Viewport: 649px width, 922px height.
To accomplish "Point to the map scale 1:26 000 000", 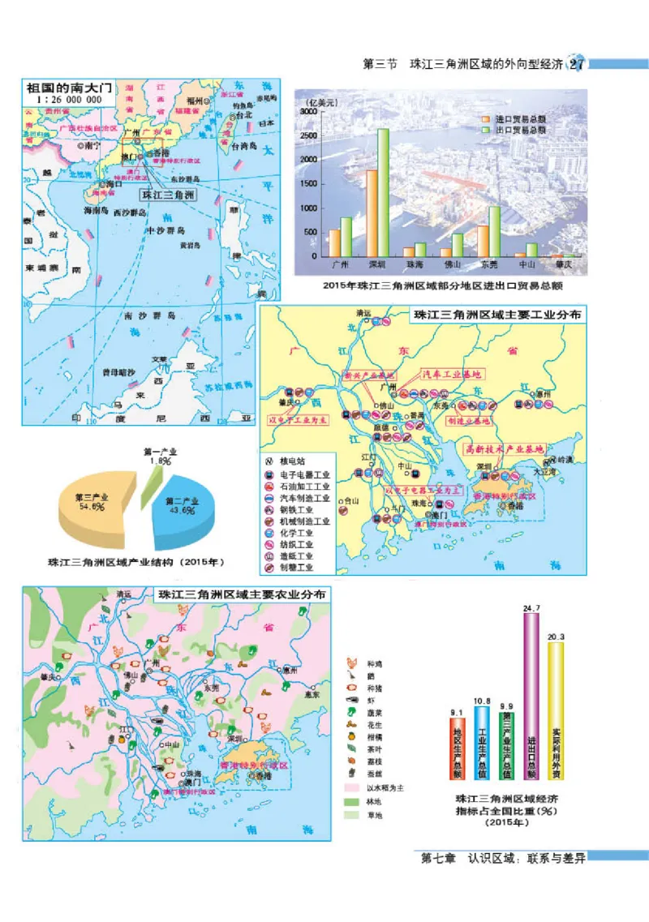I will [69, 99].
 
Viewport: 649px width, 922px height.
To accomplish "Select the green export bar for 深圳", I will [383, 191].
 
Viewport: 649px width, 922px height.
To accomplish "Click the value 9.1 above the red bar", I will [457, 713].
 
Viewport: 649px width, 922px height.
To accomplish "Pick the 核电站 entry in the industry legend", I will [290, 459].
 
